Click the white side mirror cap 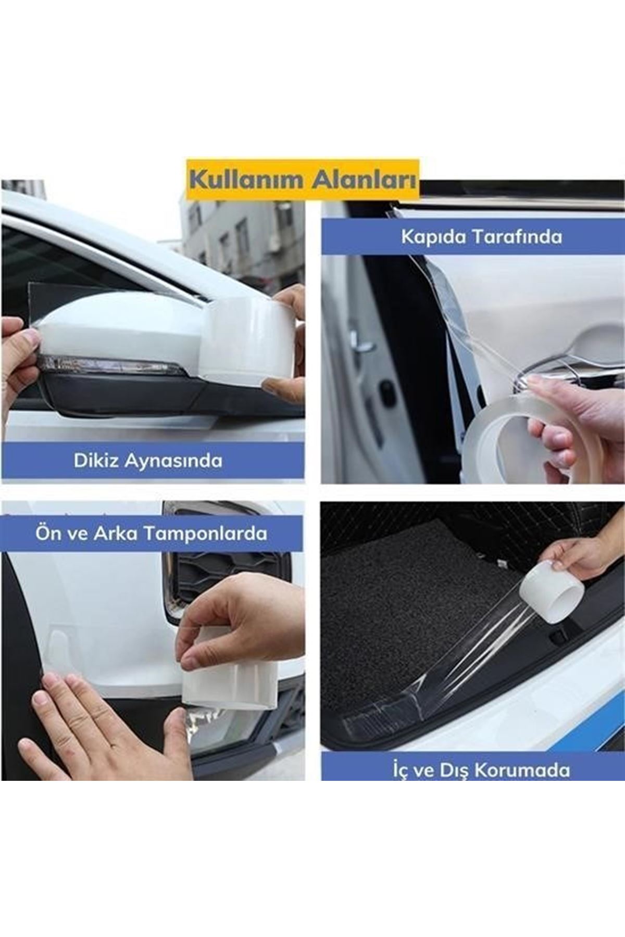(x=120, y=328)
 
